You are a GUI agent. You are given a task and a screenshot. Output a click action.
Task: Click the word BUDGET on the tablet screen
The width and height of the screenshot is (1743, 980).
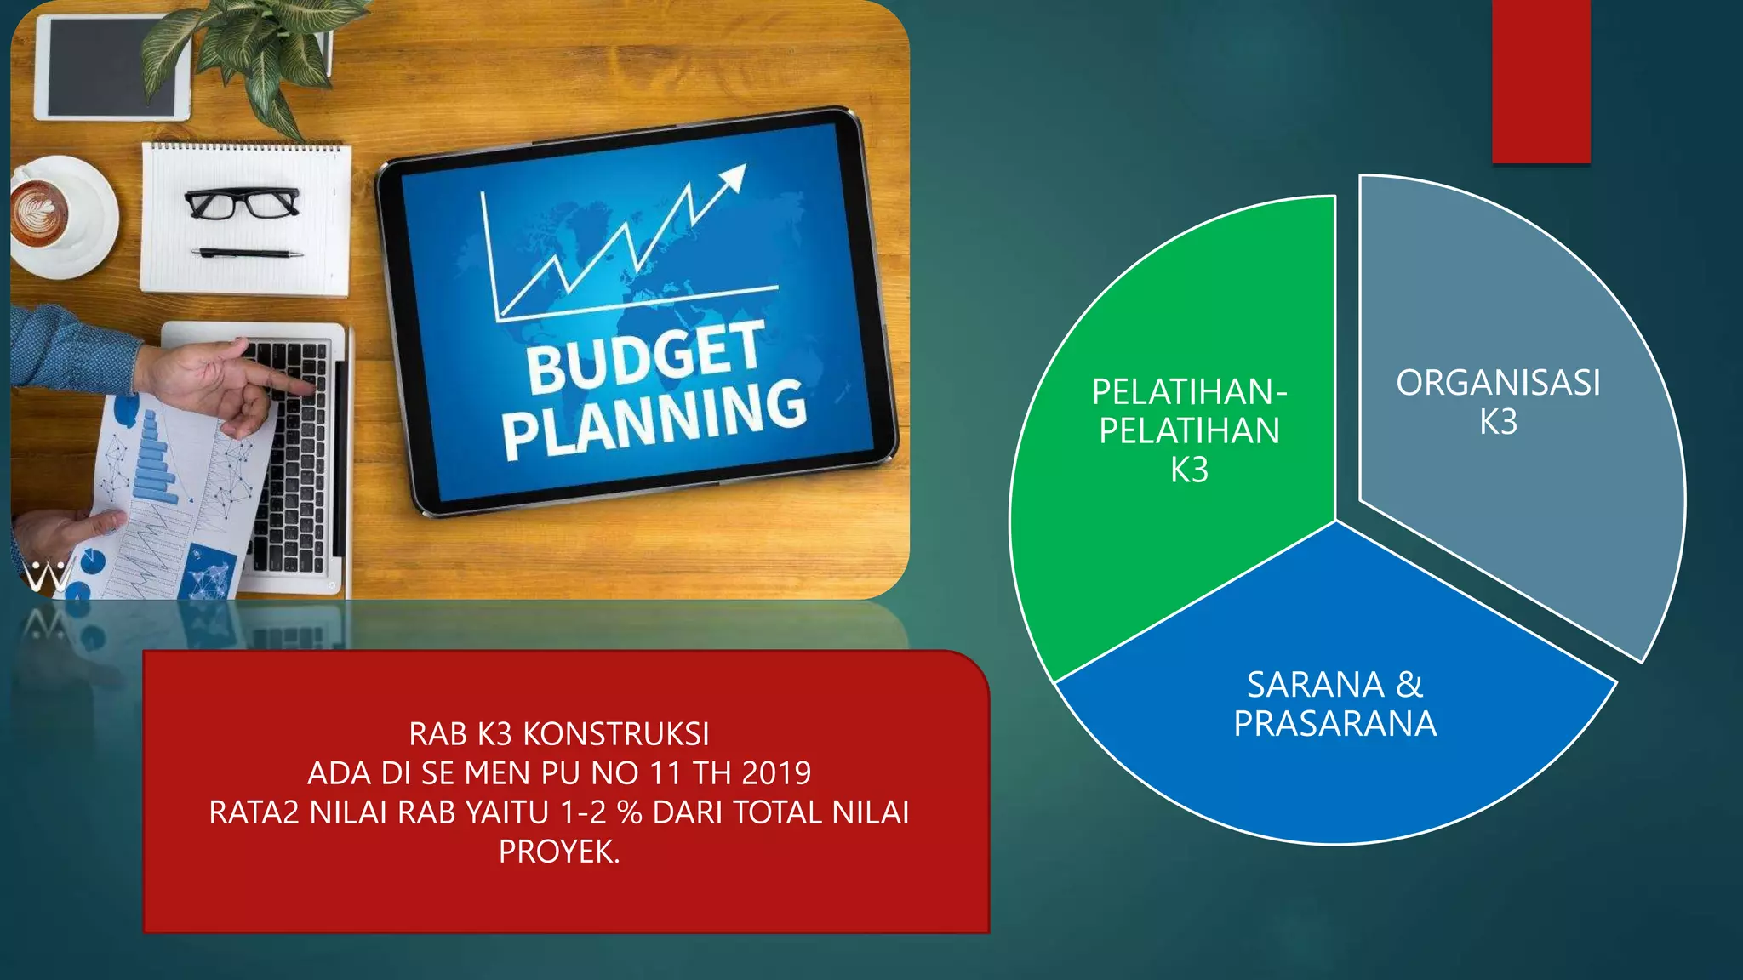click(x=644, y=357)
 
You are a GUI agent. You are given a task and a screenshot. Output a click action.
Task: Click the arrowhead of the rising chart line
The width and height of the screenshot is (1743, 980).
click(x=733, y=176)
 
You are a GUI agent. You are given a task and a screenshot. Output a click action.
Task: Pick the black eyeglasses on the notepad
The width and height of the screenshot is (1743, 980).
click(x=243, y=202)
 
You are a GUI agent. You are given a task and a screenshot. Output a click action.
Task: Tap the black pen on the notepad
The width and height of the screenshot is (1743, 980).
click(x=247, y=253)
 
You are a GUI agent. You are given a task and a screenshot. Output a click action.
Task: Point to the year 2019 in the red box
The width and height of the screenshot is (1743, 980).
click(x=776, y=773)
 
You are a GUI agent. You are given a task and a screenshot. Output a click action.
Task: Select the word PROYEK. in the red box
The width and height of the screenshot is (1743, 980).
click(x=559, y=852)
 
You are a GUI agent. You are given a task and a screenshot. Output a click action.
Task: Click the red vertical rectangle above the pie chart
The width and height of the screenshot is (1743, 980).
click(x=1540, y=81)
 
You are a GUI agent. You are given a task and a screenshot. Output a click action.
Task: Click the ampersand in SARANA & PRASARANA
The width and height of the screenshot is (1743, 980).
click(x=1409, y=685)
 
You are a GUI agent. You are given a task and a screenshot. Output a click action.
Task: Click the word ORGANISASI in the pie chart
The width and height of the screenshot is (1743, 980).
click(x=1498, y=383)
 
